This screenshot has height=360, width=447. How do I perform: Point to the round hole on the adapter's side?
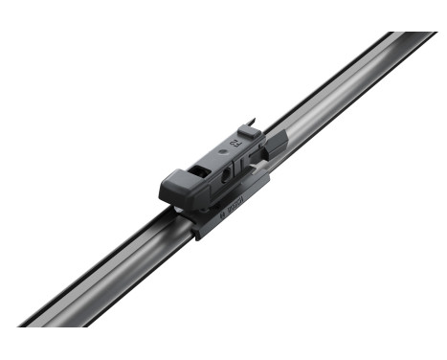(226, 176)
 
